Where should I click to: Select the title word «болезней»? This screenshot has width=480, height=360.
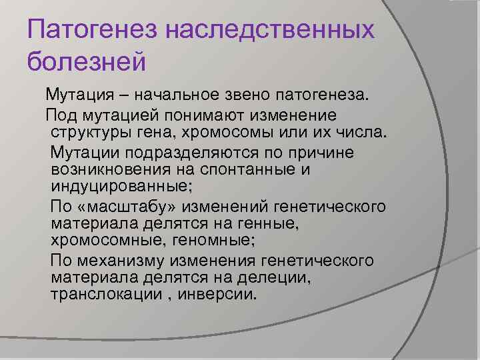click(87, 61)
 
